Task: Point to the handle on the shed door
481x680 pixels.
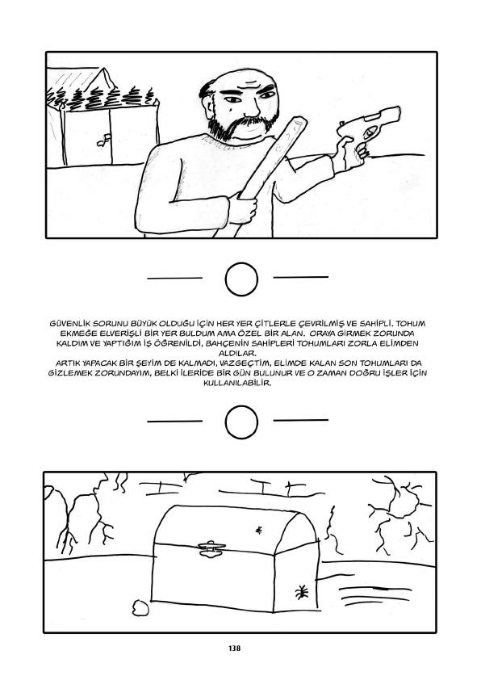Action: (x=104, y=140)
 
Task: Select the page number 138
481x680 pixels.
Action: (x=234, y=649)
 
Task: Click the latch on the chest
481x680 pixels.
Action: (x=211, y=548)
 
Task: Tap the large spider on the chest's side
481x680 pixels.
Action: (x=302, y=591)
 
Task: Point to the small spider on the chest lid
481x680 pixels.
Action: (x=259, y=530)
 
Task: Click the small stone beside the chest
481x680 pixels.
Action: (x=140, y=607)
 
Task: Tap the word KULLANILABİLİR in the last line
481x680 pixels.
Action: (x=237, y=383)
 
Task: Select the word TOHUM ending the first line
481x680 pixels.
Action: (x=411, y=324)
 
